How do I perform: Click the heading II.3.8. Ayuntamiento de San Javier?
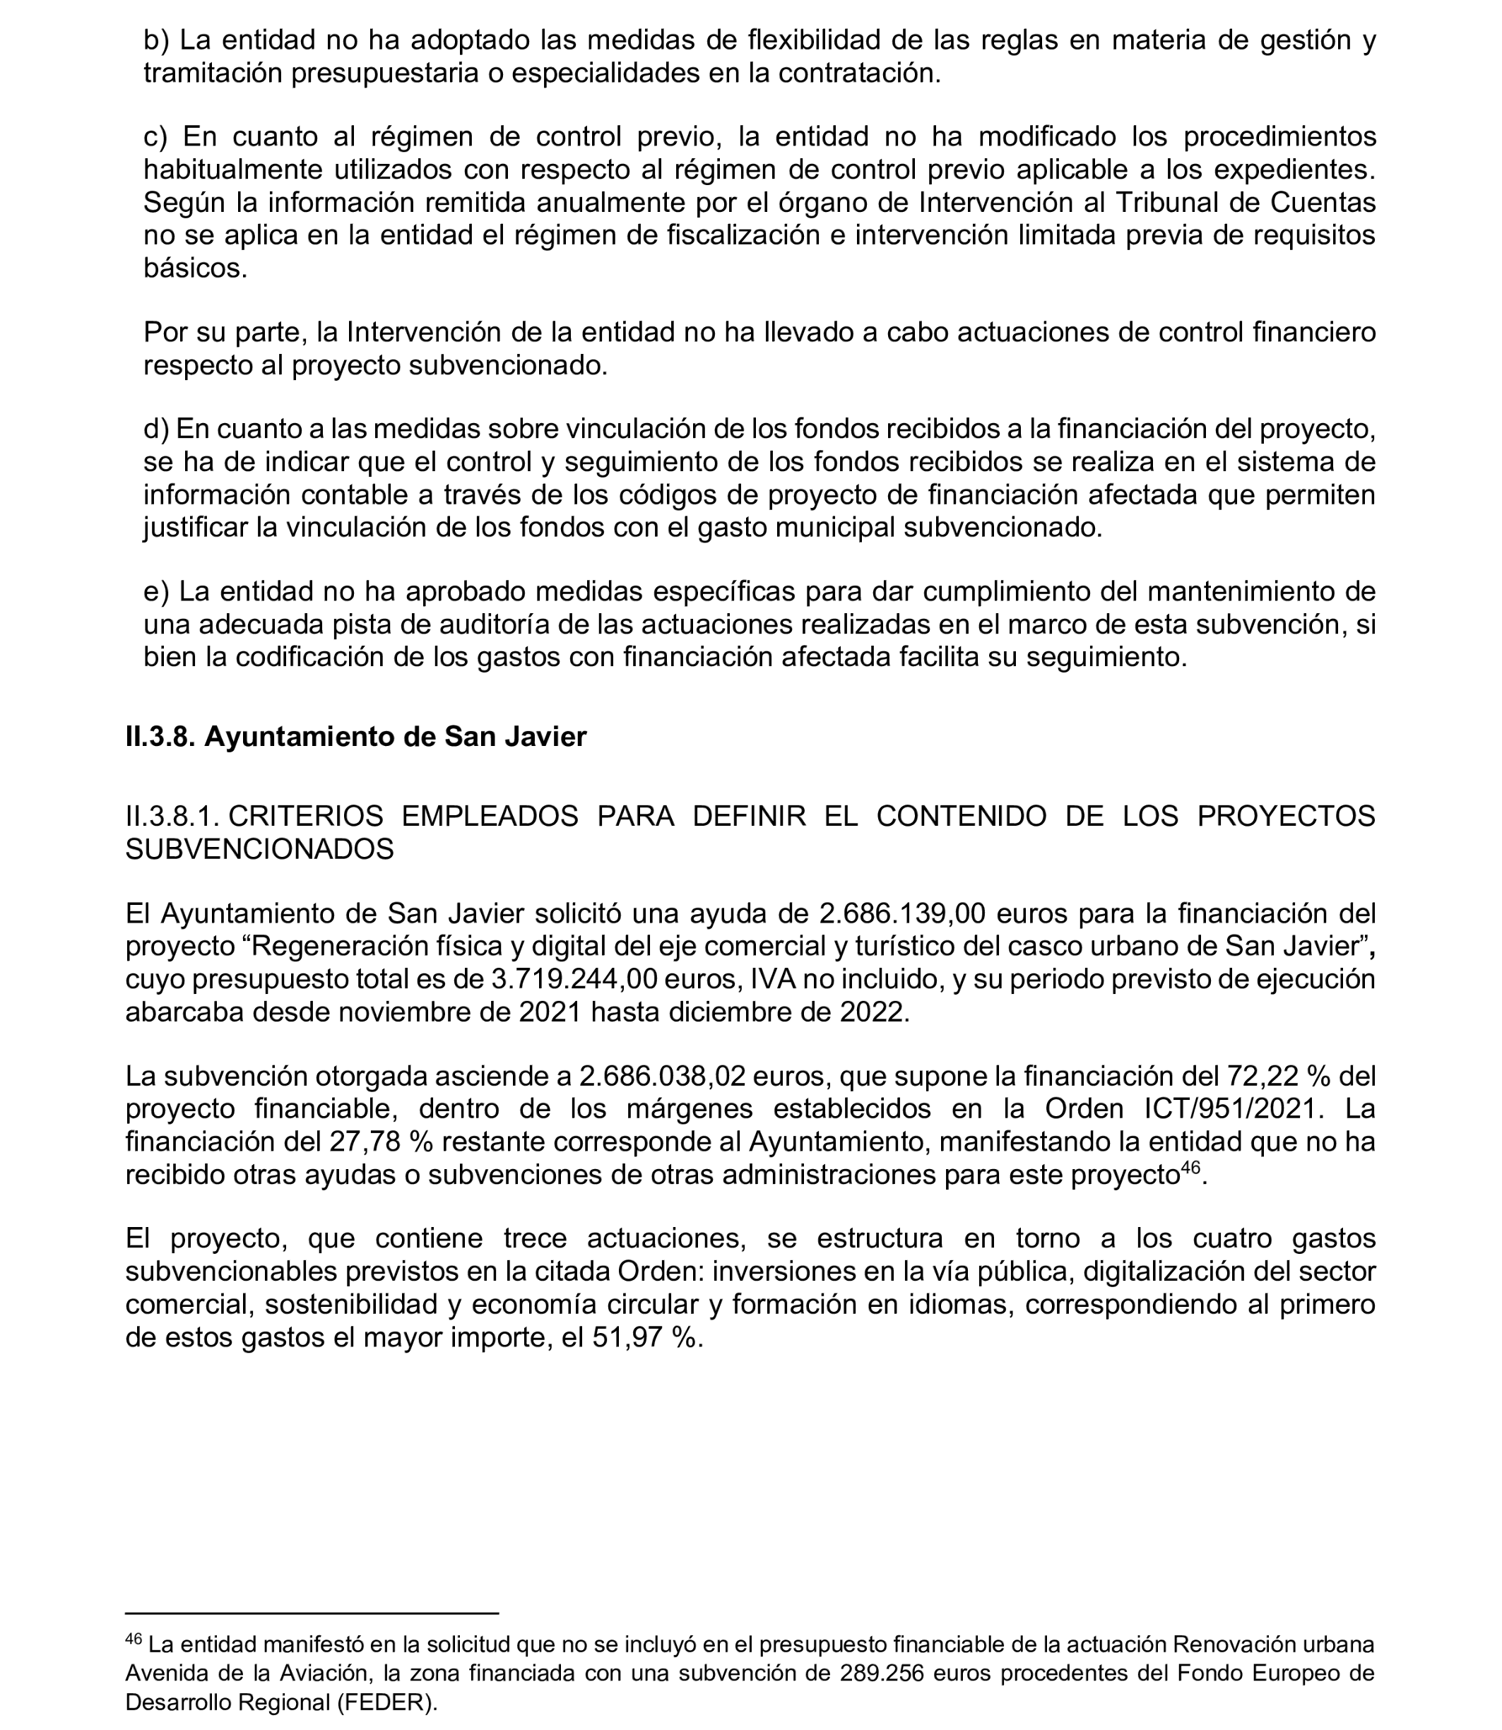coord(355,737)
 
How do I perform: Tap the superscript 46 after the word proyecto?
coord(1190,1168)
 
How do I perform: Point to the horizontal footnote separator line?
coord(312,1613)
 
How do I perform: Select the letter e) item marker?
coord(156,592)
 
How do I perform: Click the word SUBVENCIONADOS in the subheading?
coord(259,849)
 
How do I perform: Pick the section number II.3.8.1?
coord(172,817)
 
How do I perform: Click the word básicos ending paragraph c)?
coord(194,268)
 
